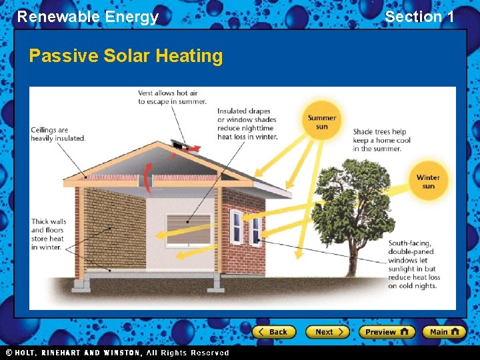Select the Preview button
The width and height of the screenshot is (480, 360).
point(387,331)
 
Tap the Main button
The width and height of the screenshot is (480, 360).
point(444,331)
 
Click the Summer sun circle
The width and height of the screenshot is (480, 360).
point(322,122)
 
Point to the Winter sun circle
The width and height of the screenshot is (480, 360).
point(428,181)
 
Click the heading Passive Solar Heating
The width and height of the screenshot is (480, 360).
point(126,56)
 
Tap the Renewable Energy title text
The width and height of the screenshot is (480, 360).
point(88,17)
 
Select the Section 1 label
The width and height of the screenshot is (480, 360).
point(419,17)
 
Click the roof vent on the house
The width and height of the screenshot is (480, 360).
point(181,144)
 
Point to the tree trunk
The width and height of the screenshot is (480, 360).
point(351,260)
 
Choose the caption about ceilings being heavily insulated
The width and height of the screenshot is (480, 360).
point(58,134)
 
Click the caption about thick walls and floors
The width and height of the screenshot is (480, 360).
point(48,234)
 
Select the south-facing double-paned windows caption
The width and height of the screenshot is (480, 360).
point(414,265)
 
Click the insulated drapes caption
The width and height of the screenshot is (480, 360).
point(247,124)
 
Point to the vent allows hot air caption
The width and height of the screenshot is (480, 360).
point(173,97)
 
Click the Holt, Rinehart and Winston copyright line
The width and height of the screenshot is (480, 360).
point(117,353)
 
